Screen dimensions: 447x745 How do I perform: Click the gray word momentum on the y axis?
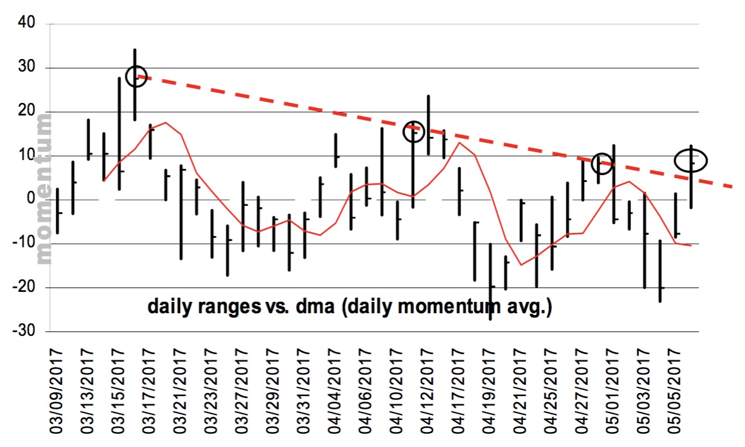pos(45,188)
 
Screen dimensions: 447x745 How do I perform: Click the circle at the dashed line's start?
pos(135,76)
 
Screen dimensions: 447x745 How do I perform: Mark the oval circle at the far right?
pos(691,160)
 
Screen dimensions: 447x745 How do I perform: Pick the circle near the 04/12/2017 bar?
pos(414,131)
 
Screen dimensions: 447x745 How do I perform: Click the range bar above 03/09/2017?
pos(58,211)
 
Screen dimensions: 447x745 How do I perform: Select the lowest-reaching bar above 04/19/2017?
pos(490,281)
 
